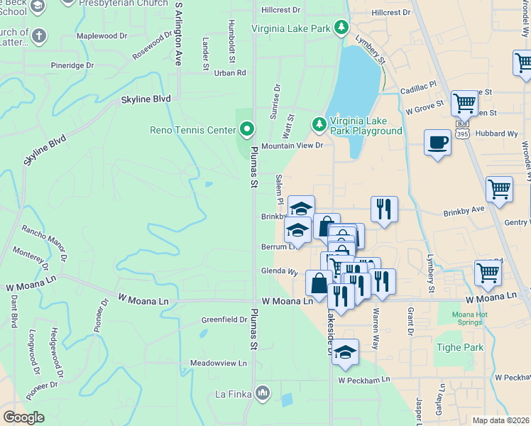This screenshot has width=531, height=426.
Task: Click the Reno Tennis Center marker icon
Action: tap(247, 129)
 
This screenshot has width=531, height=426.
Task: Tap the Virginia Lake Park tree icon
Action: tap(341, 28)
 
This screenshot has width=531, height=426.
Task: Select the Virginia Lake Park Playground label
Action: tap(365, 126)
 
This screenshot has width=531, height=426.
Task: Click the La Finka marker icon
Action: tap(263, 393)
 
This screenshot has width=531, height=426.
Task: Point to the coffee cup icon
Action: tap(437, 142)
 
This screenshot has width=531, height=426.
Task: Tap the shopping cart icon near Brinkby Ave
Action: tap(499, 190)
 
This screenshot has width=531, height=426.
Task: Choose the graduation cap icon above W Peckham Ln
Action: tap(345, 351)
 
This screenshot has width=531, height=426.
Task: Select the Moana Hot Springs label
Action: tap(474, 318)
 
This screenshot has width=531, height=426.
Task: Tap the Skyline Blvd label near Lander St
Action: tap(146, 99)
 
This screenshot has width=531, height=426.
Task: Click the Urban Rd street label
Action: tap(229, 72)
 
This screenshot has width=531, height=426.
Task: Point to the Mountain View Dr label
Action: tap(292, 146)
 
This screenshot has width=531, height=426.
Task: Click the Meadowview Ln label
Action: tap(218, 363)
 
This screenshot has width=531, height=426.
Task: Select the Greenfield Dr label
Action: tap(224, 319)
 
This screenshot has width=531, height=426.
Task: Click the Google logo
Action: tap(23, 417)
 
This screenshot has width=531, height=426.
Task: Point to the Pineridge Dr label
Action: tap(72, 65)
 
